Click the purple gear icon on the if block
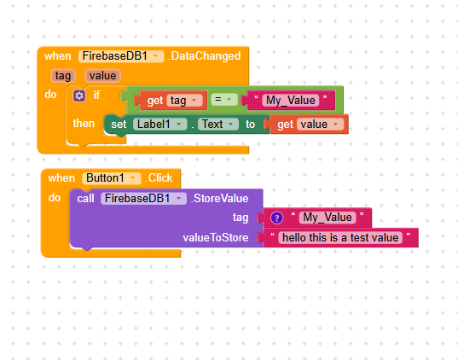pos(79,96)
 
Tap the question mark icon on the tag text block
pos(276,218)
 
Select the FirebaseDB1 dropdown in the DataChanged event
pos(121,56)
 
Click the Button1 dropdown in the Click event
pos(112,178)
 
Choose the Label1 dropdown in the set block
pos(159,125)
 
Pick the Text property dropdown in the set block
pos(217,125)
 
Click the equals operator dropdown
pos(224,100)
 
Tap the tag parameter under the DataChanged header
pos(63,76)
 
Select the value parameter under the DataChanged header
pos(102,76)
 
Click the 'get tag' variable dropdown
pos(184,101)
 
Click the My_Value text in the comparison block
pos(291,101)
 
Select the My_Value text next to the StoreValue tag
pos(328,218)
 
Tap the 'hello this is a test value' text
pos(340,237)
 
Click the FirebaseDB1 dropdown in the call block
pos(143,199)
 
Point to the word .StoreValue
pos(220,199)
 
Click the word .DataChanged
pos(205,56)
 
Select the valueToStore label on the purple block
pos(216,237)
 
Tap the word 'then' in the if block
pos(84,124)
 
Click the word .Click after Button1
pos(159,178)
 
